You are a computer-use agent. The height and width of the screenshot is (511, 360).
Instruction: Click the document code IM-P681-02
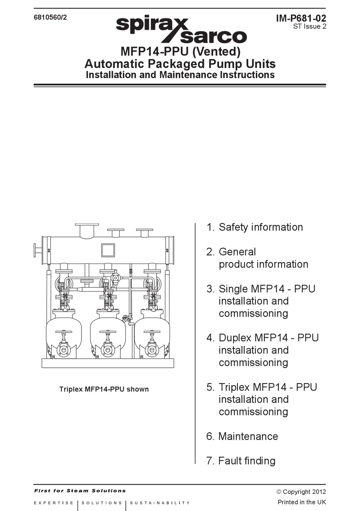[x=301, y=18]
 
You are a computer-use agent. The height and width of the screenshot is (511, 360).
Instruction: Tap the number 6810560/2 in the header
[x=50, y=17]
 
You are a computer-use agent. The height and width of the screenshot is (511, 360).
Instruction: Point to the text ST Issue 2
[x=309, y=27]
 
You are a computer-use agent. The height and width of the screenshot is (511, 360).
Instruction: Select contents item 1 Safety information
[x=255, y=227]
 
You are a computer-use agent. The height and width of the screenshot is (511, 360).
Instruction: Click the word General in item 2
[x=237, y=252]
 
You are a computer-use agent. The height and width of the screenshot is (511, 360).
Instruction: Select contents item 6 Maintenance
[x=242, y=436]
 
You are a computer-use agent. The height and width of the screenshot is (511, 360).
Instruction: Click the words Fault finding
[x=247, y=461]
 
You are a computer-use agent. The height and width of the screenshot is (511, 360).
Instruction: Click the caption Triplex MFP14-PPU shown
[x=104, y=389]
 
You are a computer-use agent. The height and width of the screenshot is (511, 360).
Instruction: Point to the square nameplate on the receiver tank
[x=108, y=250]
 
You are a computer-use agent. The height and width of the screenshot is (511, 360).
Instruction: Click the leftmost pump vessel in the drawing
[x=64, y=334]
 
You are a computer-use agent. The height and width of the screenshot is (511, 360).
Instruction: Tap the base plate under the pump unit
[x=108, y=363]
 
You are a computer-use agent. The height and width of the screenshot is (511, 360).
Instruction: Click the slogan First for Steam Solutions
[x=80, y=491]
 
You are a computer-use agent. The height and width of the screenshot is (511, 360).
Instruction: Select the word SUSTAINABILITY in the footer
[x=160, y=503]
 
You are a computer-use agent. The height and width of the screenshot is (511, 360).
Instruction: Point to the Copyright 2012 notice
[x=301, y=492]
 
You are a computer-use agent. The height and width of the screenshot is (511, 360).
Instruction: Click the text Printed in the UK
[x=302, y=502]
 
